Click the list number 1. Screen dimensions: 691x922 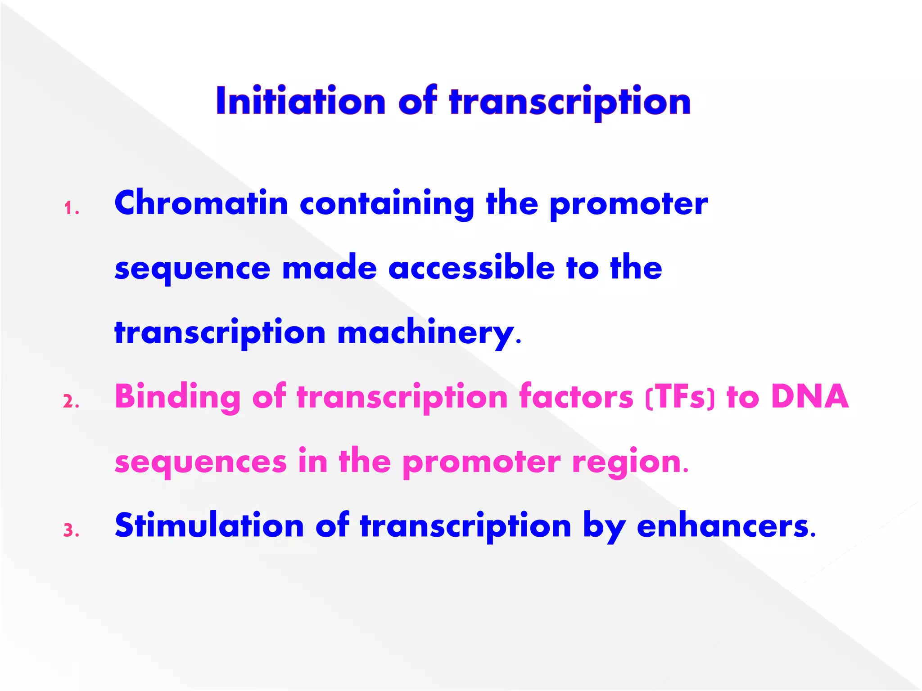[x=71, y=209]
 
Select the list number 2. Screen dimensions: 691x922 [x=71, y=402]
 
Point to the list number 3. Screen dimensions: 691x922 [x=71, y=531]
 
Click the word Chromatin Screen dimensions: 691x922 [x=201, y=203]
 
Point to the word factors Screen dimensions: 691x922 [x=576, y=396]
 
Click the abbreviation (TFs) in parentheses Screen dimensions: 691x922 [x=680, y=397]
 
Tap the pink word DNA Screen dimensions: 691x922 [x=809, y=396]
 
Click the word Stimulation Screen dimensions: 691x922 [x=209, y=525]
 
